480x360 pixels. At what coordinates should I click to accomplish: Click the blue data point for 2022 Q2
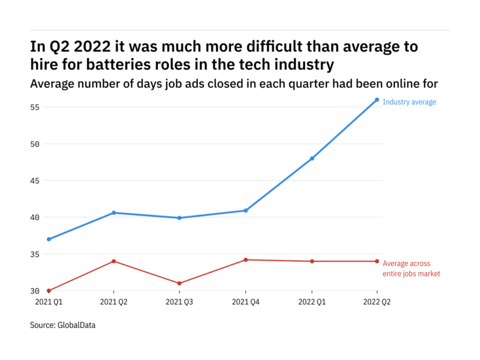click(x=377, y=100)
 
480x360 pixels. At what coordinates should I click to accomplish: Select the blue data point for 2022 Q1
click(x=312, y=158)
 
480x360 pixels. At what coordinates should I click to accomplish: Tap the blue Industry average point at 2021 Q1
click(x=49, y=239)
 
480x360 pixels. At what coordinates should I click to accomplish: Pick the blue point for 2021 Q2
click(x=114, y=212)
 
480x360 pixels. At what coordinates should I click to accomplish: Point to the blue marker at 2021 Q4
click(x=246, y=210)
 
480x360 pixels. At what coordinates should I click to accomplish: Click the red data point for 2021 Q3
click(x=180, y=284)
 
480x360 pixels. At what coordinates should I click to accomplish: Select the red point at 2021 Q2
click(x=114, y=261)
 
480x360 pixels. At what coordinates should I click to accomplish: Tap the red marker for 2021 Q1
click(x=49, y=291)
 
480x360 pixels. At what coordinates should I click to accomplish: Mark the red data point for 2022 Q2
click(x=377, y=261)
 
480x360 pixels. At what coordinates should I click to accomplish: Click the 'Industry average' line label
click(x=409, y=102)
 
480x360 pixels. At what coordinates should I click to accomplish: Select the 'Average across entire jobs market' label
click(x=411, y=268)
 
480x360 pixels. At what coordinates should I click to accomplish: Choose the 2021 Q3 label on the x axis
click(x=180, y=303)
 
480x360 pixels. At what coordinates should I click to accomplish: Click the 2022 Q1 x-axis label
click(x=312, y=303)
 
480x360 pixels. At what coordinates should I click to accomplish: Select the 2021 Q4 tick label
click(x=246, y=303)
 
